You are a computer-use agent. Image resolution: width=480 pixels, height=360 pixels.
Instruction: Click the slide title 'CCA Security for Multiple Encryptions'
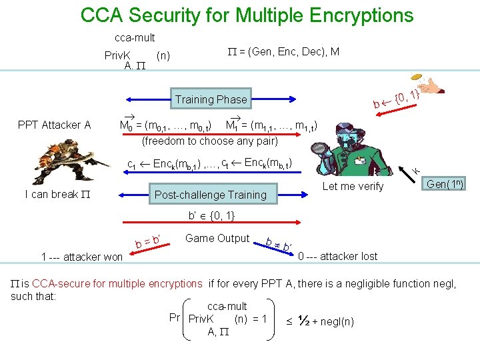click(x=247, y=15)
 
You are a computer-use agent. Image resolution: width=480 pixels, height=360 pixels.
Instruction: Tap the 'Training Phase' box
click(x=211, y=99)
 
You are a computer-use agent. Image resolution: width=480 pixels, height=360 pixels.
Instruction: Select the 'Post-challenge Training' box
click(x=210, y=195)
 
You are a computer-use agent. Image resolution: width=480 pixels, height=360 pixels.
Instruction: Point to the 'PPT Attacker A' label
click(x=54, y=125)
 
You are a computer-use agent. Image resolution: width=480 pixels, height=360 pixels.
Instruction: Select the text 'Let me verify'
click(x=353, y=187)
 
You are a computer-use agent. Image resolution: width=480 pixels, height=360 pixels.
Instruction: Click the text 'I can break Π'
click(x=57, y=195)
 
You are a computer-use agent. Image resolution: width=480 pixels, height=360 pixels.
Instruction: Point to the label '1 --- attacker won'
click(x=81, y=257)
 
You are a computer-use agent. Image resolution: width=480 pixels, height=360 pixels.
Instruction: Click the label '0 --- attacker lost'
click(x=337, y=256)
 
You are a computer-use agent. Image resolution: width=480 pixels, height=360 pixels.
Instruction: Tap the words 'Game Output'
click(x=217, y=238)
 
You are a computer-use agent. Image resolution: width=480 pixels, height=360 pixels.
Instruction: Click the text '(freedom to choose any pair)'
click(x=210, y=141)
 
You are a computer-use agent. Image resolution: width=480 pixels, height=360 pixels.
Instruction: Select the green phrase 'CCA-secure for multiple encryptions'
click(x=117, y=284)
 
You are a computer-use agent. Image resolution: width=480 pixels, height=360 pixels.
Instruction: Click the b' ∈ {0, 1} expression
click(x=210, y=215)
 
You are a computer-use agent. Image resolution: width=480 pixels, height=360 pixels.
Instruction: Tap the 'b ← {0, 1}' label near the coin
click(x=396, y=101)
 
